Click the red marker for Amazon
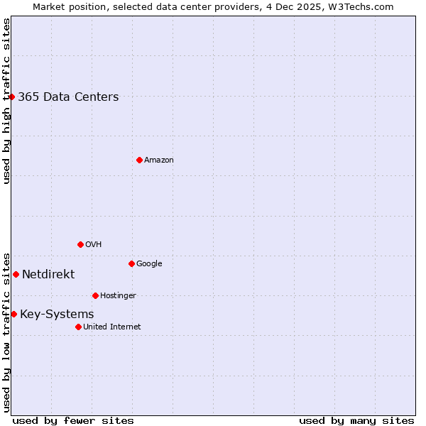pyautogui.click(x=139, y=160)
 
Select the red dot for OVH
pyautogui.click(x=80, y=244)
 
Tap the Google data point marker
pyautogui.click(x=131, y=263)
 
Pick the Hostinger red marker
pyautogui.click(x=95, y=295)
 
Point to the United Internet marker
pyautogui.click(x=78, y=327)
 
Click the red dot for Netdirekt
pyautogui.click(x=16, y=274)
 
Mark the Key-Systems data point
pyautogui.click(x=13, y=314)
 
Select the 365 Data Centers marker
pyautogui.click(x=12, y=97)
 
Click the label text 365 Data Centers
pyautogui.click(x=68, y=97)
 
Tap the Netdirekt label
pyautogui.click(x=48, y=275)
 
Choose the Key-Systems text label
pyautogui.click(x=57, y=315)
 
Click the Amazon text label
pyautogui.click(x=159, y=160)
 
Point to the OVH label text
pyautogui.click(x=94, y=245)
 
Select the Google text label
pyautogui.click(x=149, y=264)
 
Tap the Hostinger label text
pyautogui.click(x=118, y=296)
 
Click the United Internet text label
pyautogui.click(x=111, y=327)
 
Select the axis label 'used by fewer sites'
pyautogui.click(x=73, y=421)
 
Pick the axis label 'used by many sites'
pyautogui.click(x=356, y=421)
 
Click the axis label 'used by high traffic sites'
pyautogui.click(x=6, y=101)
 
